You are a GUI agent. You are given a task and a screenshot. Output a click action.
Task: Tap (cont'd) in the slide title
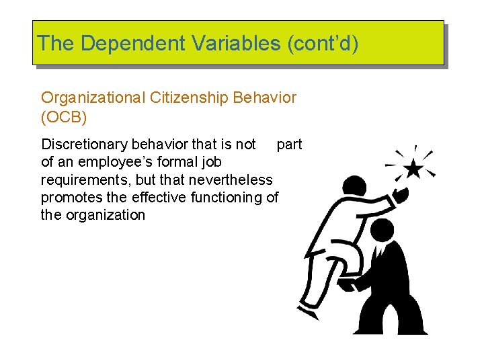click(x=323, y=43)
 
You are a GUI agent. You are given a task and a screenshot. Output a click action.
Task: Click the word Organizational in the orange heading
click(x=93, y=97)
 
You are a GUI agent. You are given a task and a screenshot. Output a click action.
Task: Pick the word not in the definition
click(x=245, y=145)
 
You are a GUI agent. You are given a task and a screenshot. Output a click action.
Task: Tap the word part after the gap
click(x=289, y=145)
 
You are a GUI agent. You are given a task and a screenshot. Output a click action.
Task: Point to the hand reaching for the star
click(x=401, y=194)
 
